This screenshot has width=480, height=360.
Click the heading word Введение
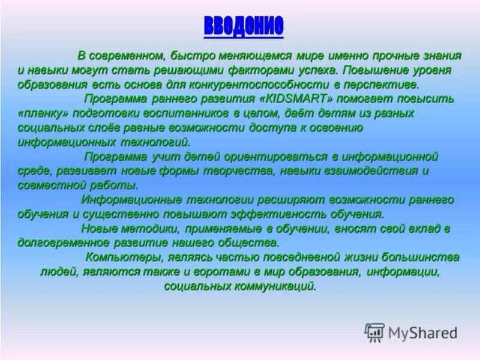[243, 26]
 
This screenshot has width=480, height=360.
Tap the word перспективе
[377, 84]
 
